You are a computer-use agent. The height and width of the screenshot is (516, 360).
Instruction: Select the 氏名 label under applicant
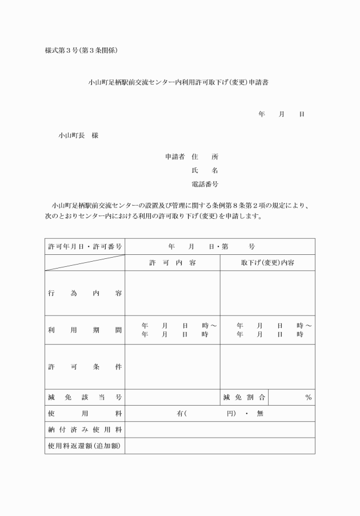pos(205,170)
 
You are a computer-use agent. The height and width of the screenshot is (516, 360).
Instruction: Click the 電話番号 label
pos(205,184)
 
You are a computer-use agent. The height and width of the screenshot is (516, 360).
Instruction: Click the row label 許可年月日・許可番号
pos(85,246)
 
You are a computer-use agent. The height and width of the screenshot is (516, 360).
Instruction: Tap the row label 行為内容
pos(85,293)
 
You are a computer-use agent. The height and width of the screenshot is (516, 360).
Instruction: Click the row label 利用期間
pos(85,330)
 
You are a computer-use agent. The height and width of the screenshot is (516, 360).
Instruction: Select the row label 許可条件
pos(85,367)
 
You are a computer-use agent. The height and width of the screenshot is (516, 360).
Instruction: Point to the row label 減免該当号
pos(85,397)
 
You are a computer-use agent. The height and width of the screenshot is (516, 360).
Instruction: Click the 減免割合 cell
pos(244,397)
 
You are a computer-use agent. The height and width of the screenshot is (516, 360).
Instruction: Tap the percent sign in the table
pos(308,397)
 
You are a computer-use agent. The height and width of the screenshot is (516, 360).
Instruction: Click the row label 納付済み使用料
pos(85,429)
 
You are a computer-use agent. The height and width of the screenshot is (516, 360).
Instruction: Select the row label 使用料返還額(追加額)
pos(85,445)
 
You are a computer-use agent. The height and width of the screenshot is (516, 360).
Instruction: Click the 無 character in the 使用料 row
pos(260,413)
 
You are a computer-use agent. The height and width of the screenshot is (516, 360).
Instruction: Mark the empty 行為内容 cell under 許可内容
pos(173,293)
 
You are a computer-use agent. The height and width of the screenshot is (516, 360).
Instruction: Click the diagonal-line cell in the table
pos(85,262)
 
